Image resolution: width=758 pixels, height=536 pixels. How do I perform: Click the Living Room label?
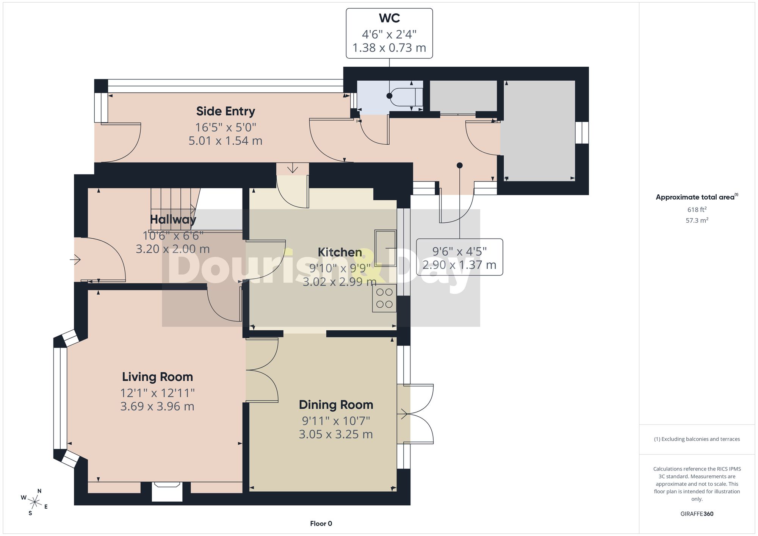(157, 377)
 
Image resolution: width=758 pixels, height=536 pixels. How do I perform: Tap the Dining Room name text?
(336, 405)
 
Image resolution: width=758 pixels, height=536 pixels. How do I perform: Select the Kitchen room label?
(340, 252)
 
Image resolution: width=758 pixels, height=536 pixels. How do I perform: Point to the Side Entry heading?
(226, 111)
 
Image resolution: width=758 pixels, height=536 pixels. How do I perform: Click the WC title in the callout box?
(389, 18)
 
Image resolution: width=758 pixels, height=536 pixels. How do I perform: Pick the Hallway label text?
(173, 219)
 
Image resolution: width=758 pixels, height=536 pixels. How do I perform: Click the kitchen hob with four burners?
(384, 298)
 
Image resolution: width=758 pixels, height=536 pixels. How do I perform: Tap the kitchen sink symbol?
(385, 248)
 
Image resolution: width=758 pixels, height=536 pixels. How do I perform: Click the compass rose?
(34, 503)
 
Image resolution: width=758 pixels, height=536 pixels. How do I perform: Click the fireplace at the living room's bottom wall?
(167, 491)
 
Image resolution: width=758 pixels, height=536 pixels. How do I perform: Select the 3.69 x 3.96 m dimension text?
(157, 406)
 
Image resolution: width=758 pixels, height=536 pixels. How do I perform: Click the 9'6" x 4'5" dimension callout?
(459, 257)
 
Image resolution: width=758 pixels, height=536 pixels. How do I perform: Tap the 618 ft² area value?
(697, 209)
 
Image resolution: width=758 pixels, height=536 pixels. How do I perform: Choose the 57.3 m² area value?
(697, 220)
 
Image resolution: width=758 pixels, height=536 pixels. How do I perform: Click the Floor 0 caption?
(321, 523)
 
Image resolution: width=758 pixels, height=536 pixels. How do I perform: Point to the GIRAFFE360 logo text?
(697, 514)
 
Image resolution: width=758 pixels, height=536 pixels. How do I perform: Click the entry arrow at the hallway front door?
(75, 260)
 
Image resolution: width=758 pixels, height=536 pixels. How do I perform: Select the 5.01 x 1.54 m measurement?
(226, 141)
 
